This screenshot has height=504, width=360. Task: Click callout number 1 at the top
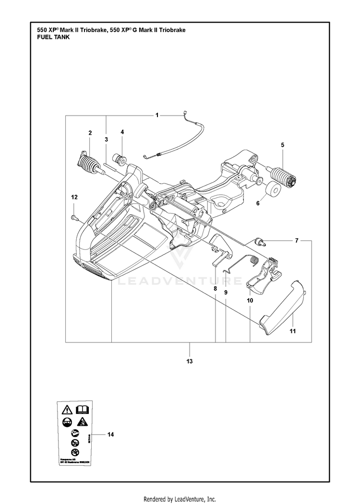(157, 115)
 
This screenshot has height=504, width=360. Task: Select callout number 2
(90, 132)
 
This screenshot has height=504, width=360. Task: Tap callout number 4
(122, 132)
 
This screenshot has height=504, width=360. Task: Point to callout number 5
(282, 145)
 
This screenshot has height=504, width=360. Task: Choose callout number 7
(297, 241)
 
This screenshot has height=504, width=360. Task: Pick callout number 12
(74, 197)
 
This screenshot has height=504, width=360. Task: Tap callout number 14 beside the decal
(110, 434)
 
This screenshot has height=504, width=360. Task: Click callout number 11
(292, 330)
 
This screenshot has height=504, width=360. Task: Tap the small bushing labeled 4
(119, 159)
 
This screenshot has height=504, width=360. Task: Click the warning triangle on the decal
(66, 409)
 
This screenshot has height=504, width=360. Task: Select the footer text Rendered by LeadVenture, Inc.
(180, 499)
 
